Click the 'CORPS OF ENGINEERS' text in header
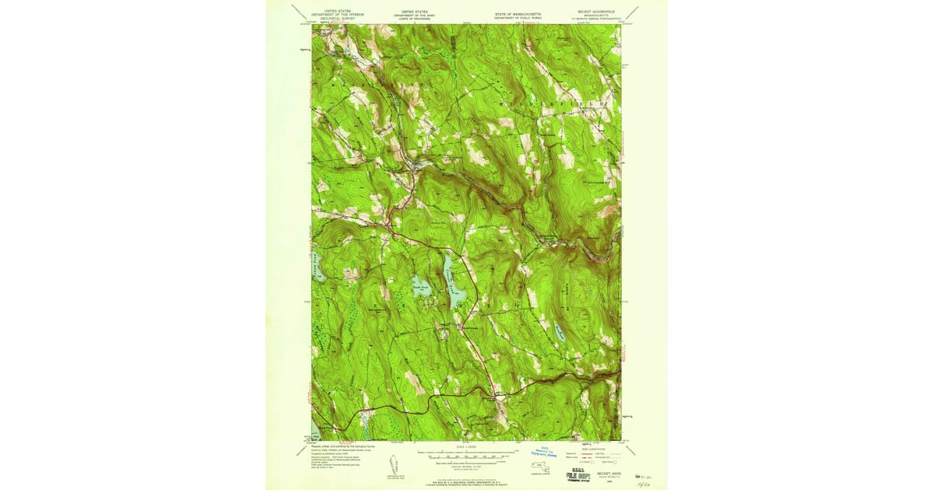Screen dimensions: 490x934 point(415,19)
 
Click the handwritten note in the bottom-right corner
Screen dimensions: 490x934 point(643,481)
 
